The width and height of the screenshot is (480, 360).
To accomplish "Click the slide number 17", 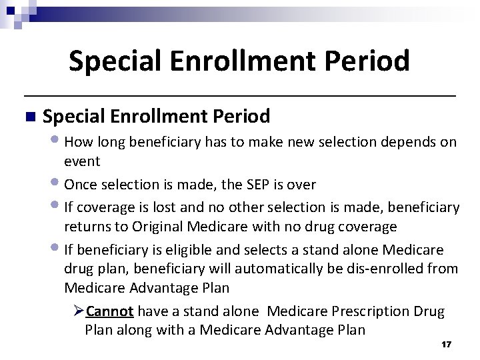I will [x=447, y=344].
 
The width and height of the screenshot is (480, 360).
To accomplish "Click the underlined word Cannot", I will [x=110, y=311].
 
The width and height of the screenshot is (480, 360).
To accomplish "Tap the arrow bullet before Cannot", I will [x=78, y=311].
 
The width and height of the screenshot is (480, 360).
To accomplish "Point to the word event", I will [x=82, y=161].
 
